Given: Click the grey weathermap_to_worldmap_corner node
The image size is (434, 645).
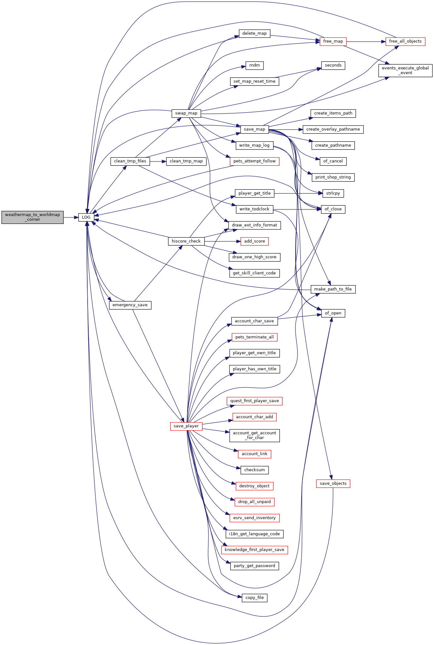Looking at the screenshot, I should point(32,217).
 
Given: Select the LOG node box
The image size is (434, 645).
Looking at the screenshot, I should point(86,217).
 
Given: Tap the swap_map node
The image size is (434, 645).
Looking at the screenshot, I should point(186,113).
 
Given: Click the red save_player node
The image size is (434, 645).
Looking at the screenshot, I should point(186,426).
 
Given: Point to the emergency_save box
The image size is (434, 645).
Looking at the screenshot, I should point(130,305).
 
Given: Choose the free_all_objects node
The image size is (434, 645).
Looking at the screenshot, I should point(405,41).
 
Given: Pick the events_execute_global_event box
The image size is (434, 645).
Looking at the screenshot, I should point(405,70).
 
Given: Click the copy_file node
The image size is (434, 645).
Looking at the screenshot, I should point(254,598).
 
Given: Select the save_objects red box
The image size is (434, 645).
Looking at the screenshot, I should point(333,484).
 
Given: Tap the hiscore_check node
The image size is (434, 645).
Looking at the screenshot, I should point(186,241).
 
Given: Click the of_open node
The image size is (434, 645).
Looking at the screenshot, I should point(333,313).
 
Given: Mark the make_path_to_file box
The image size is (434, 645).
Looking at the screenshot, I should point(333,289).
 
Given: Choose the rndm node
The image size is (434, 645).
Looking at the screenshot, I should point(254,65).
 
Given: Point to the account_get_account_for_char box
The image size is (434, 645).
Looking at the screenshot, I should point(254,435).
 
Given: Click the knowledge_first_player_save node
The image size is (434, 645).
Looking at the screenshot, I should point(254,550).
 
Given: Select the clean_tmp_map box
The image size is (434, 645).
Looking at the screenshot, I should point(186,161).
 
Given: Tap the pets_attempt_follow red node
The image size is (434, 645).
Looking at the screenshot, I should point(254,161).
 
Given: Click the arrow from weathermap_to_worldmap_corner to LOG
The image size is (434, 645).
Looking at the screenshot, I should point(71,217).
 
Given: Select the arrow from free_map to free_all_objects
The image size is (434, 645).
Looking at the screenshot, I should point(366,41).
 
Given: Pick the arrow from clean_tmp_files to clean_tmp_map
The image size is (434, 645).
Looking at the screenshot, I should point(158,161).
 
